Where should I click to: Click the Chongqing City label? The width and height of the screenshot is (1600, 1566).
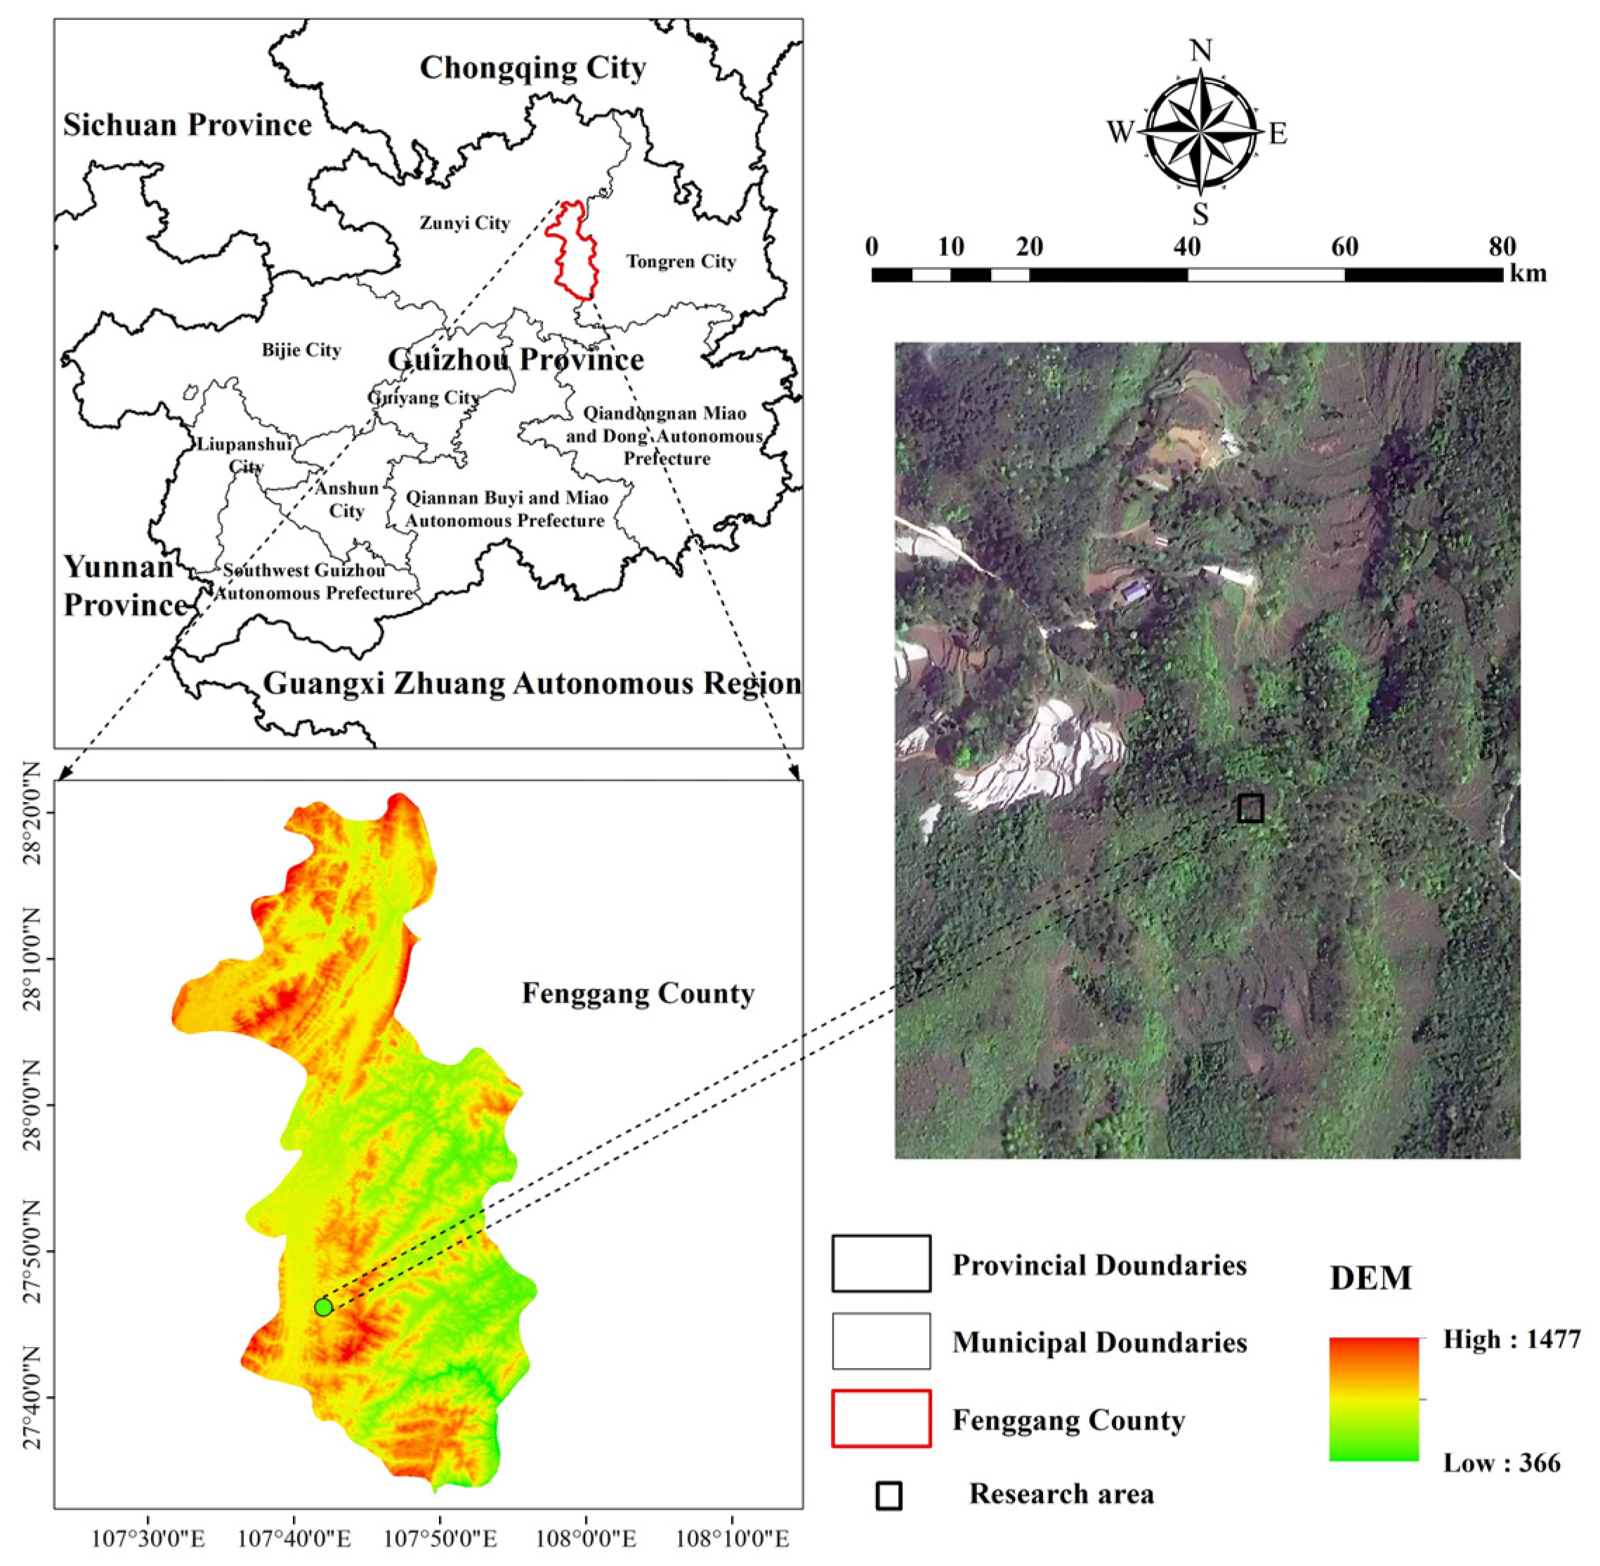[532, 67]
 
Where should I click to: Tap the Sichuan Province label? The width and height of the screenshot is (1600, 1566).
[188, 125]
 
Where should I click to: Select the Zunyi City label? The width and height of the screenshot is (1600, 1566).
[465, 223]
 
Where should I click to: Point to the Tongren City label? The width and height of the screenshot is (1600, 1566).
[681, 261]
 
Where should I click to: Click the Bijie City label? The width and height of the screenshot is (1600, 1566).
[301, 350]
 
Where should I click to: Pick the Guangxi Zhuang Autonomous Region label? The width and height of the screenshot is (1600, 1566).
[532, 683]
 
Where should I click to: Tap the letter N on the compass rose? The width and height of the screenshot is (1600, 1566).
[1201, 51]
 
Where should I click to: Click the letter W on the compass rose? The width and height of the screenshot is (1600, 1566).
[1120, 131]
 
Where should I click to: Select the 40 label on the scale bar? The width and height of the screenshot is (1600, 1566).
[1187, 246]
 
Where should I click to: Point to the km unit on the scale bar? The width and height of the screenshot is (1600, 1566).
[1528, 273]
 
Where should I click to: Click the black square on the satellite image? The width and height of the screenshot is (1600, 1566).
[1250, 808]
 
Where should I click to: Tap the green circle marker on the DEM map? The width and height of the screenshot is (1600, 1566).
[323, 1307]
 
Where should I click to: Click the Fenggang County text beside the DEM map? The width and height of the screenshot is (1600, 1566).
[638, 994]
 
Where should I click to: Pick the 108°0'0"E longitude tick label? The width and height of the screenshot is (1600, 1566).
[586, 1539]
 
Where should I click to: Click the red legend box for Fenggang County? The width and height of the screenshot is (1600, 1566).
[880, 1418]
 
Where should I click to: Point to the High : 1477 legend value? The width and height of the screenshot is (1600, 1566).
[1512, 1339]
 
